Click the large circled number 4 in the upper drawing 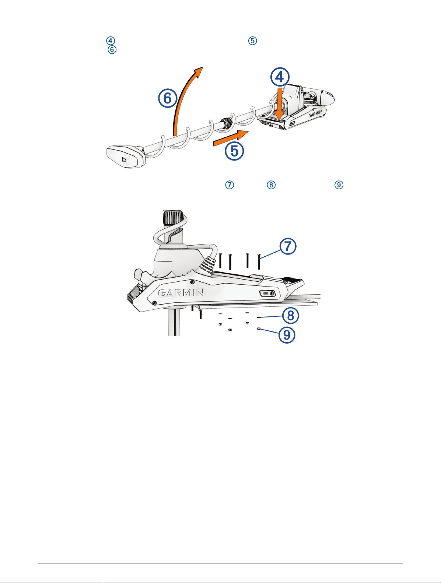[280, 77]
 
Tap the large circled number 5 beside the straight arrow [234, 151]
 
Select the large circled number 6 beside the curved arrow [168, 98]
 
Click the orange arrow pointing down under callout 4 [279, 104]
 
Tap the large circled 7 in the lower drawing [288, 246]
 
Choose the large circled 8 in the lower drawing [290, 316]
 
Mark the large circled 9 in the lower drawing [287, 335]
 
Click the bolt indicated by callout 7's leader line [259, 261]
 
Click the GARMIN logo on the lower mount [181, 293]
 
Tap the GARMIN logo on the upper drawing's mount [315, 114]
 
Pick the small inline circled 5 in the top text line [253, 41]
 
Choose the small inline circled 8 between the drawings [271, 185]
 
